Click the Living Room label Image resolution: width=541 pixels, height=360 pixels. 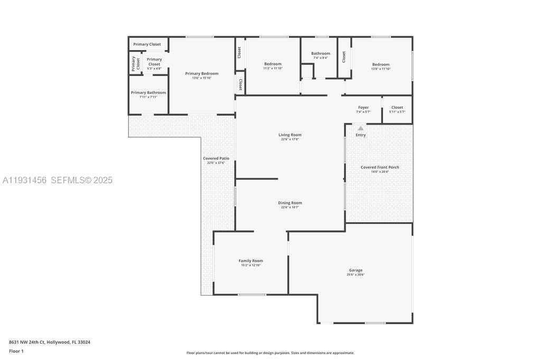[290, 135]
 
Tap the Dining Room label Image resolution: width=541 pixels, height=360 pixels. [290, 203]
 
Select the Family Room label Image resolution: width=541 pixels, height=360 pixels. [251, 261]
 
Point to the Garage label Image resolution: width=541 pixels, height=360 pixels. [356, 270]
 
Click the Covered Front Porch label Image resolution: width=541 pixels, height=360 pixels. [380, 167]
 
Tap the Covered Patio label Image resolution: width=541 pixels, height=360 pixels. [216, 158]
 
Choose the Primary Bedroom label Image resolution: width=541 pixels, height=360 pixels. [201, 74]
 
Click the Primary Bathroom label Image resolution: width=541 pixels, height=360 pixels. [148, 93]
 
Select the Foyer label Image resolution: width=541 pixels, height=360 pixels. [363, 108]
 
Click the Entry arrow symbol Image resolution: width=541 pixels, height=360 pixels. [361, 128]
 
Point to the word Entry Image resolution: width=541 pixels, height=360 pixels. [361, 135]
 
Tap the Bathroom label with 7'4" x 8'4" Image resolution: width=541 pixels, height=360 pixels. [320, 53]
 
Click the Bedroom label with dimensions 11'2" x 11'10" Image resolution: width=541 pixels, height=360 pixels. [273, 64]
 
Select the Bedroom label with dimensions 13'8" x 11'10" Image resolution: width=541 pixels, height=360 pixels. [380, 64]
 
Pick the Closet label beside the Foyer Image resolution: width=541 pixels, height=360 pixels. [397, 108]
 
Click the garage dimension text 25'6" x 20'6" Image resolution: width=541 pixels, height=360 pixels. [356, 274]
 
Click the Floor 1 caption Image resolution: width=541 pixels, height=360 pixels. [16, 351]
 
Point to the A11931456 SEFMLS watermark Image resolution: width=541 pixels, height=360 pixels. [57, 181]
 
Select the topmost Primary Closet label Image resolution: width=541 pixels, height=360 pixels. [147, 44]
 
